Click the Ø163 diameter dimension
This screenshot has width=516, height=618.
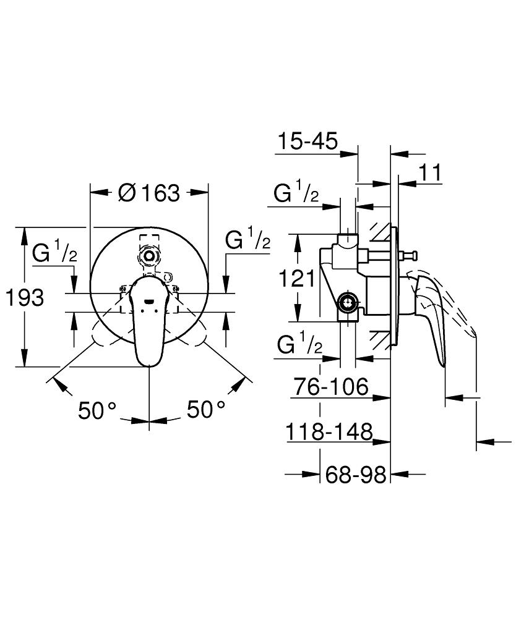(149, 193)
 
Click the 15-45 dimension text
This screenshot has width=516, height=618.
(307, 141)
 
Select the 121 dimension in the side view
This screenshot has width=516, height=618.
(297, 279)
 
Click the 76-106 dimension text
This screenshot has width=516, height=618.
(330, 386)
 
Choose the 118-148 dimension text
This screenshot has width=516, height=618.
(329, 431)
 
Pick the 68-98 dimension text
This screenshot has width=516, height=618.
(355, 475)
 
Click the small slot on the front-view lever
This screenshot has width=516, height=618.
(150, 302)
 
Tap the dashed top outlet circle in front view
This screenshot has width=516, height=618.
(149, 256)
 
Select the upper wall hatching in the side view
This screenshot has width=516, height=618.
(379, 234)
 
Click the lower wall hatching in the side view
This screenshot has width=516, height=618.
(379, 339)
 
